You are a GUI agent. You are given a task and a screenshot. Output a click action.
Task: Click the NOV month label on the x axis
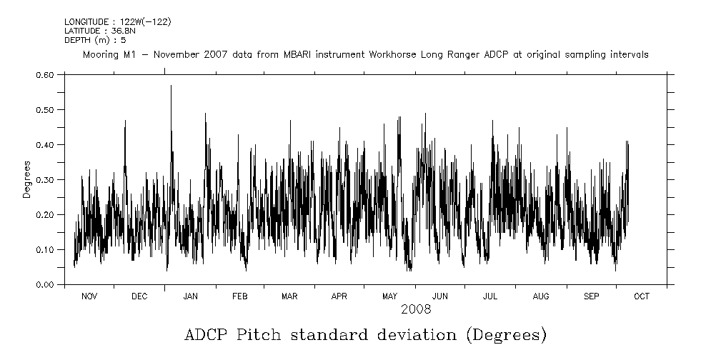pyautogui.click(x=89, y=296)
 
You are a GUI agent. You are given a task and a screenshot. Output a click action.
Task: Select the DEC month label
pyautogui.click(x=139, y=296)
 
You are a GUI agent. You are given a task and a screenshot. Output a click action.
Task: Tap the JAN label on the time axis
pyautogui.click(x=190, y=296)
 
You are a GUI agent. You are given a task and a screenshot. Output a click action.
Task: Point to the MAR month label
pyautogui.click(x=289, y=296)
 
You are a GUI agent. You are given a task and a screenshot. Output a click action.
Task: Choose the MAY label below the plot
pyautogui.click(x=389, y=296)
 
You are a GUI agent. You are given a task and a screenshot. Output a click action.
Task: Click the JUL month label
pyautogui.click(x=490, y=296)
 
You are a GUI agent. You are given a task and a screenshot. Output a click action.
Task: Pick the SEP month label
pyautogui.click(x=592, y=296)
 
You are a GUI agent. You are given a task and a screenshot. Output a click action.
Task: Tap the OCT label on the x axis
pyautogui.click(x=642, y=296)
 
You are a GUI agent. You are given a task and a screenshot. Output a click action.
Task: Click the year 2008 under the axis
pyautogui.click(x=415, y=309)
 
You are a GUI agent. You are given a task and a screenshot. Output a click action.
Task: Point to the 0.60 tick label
pyautogui.click(x=44, y=75)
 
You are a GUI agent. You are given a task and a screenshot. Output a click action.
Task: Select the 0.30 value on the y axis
pyautogui.click(x=44, y=180)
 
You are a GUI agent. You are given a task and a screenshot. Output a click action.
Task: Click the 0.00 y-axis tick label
pyautogui.click(x=44, y=285)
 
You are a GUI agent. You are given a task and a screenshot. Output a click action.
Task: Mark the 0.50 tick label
pyautogui.click(x=44, y=110)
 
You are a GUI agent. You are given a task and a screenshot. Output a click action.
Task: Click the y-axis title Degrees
pyautogui.click(x=26, y=179)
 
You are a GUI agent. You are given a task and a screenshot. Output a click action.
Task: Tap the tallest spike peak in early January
pyautogui.click(x=171, y=86)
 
